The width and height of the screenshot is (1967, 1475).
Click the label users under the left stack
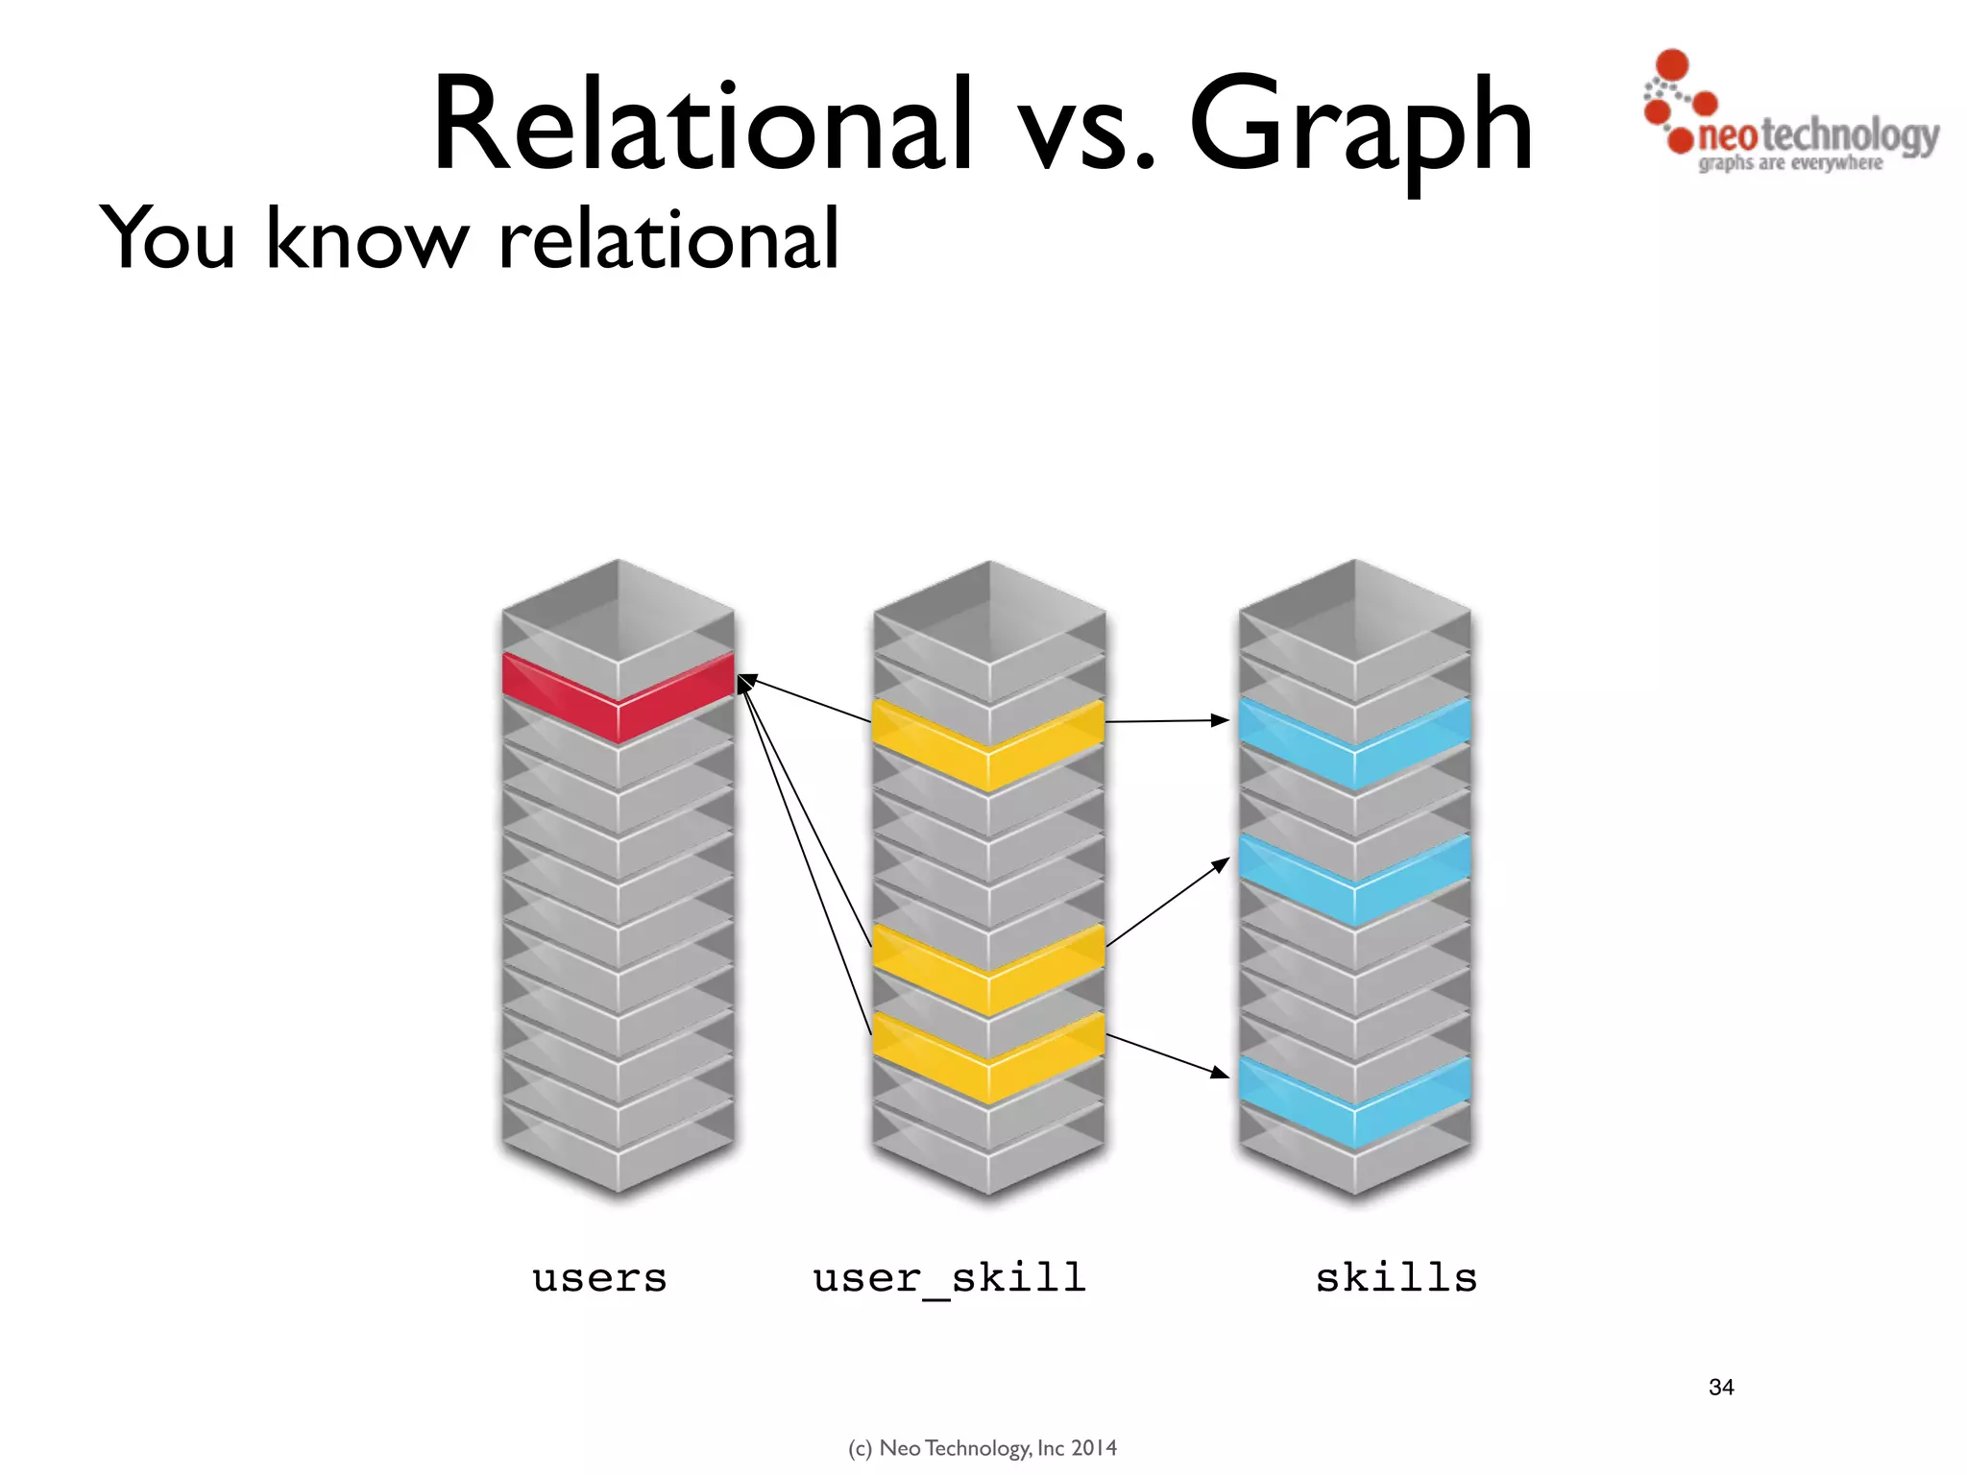599,1278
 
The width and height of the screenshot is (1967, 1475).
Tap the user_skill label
949,1278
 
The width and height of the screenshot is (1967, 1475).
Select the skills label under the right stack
1396,1278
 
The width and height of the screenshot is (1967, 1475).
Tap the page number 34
1721,1387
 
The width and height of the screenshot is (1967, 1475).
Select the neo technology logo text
1815,135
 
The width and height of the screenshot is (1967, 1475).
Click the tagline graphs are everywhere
1789,163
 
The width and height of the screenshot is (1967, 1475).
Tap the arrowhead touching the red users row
745,682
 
